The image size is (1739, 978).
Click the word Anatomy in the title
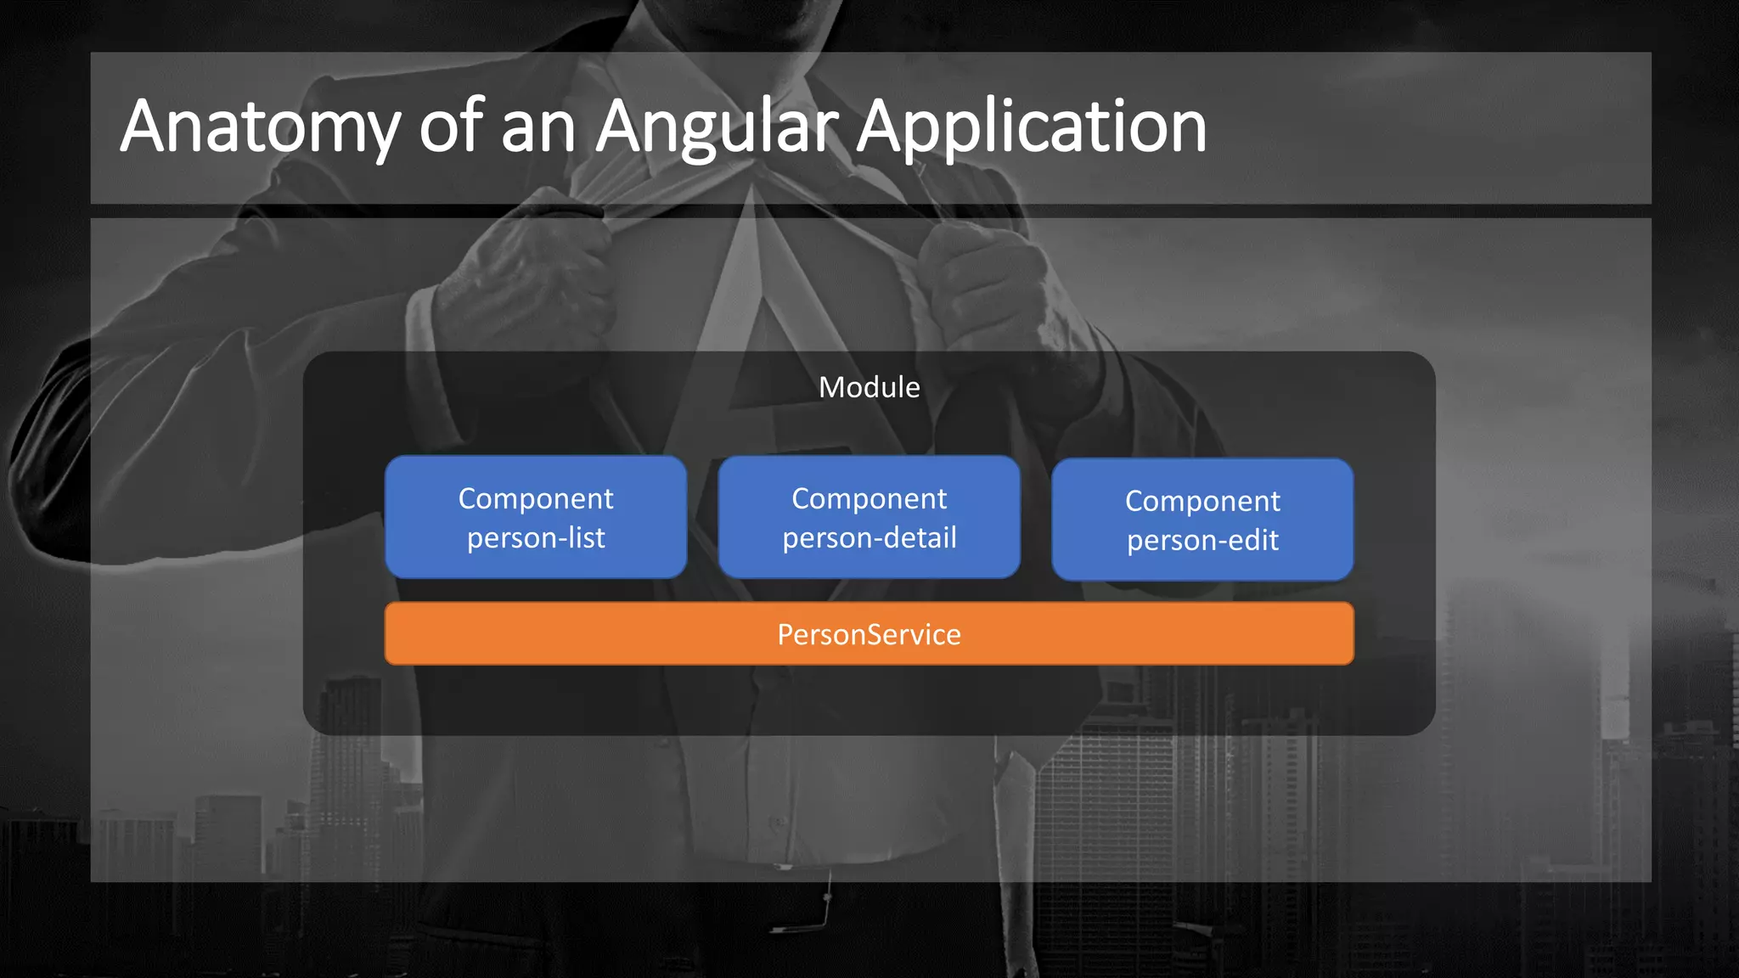click(259, 127)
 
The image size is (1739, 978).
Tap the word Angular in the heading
click(718, 127)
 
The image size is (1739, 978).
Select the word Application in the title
click(1031, 127)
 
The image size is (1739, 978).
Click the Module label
click(869, 387)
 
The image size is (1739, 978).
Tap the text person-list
click(536, 538)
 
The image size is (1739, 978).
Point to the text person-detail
click(869, 538)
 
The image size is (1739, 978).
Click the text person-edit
click(1202, 541)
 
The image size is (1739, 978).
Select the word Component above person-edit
click(1202, 501)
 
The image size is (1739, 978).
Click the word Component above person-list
click(536, 498)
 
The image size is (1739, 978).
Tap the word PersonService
click(869, 634)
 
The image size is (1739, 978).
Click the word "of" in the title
click(451, 127)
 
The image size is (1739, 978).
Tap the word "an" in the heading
click(538, 127)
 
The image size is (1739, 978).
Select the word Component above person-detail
click(869, 498)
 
